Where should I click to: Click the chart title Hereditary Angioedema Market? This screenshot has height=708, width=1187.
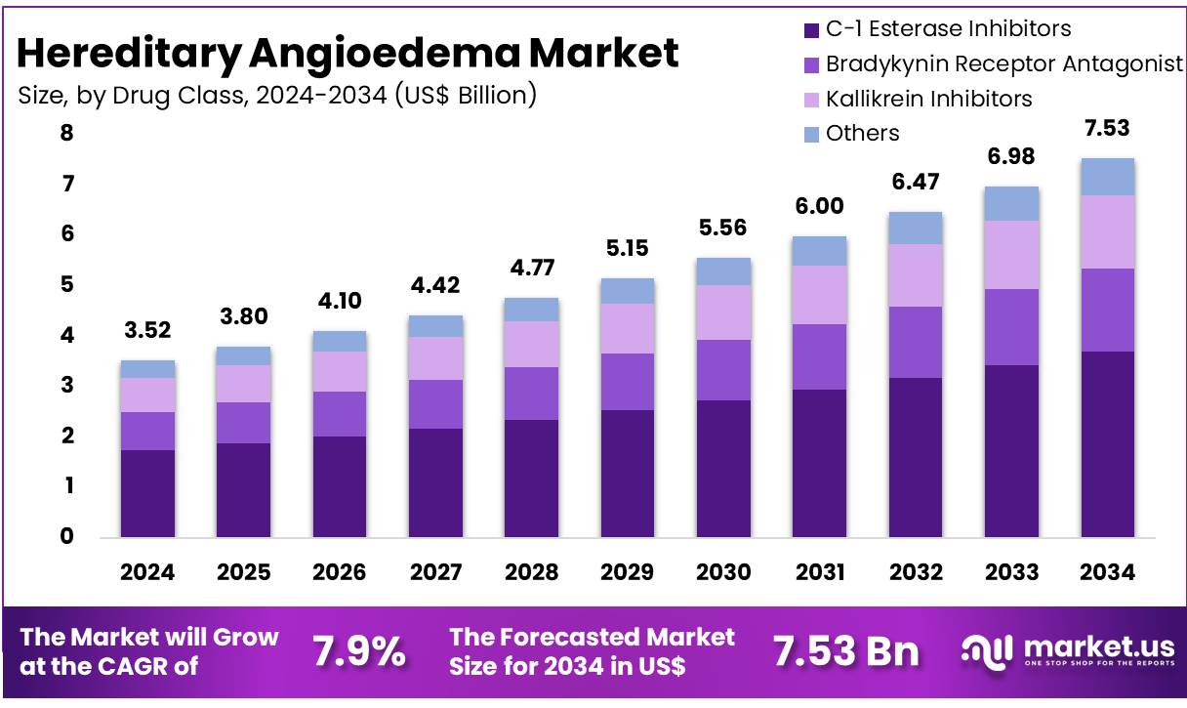coord(348,53)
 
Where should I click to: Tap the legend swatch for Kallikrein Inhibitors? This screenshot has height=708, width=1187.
coord(811,99)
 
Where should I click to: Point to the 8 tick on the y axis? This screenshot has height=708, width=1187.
coord(66,133)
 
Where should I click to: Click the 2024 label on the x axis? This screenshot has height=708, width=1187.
coord(147,572)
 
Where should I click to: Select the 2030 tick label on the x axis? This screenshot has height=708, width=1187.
coord(723,572)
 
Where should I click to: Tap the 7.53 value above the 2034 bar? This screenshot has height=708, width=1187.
coord(1108,128)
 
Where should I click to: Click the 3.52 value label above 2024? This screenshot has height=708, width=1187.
coord(147,330)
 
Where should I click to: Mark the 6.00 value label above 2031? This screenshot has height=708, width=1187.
coord(819,206)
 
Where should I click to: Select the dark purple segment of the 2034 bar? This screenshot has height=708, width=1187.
coord(1107,444)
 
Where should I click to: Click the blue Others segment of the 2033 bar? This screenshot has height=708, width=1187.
coord(1011,203)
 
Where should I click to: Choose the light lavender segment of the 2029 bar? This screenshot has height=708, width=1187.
coord(628,328)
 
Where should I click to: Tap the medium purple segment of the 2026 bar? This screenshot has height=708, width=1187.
coord(339,414)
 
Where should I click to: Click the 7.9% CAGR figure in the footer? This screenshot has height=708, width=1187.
coord(359,651)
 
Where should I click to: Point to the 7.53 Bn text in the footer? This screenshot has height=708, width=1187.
coord(845,651)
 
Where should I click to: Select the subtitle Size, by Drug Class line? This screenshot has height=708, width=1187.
coord(277,95)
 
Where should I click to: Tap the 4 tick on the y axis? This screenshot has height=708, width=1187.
coord(66,335)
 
